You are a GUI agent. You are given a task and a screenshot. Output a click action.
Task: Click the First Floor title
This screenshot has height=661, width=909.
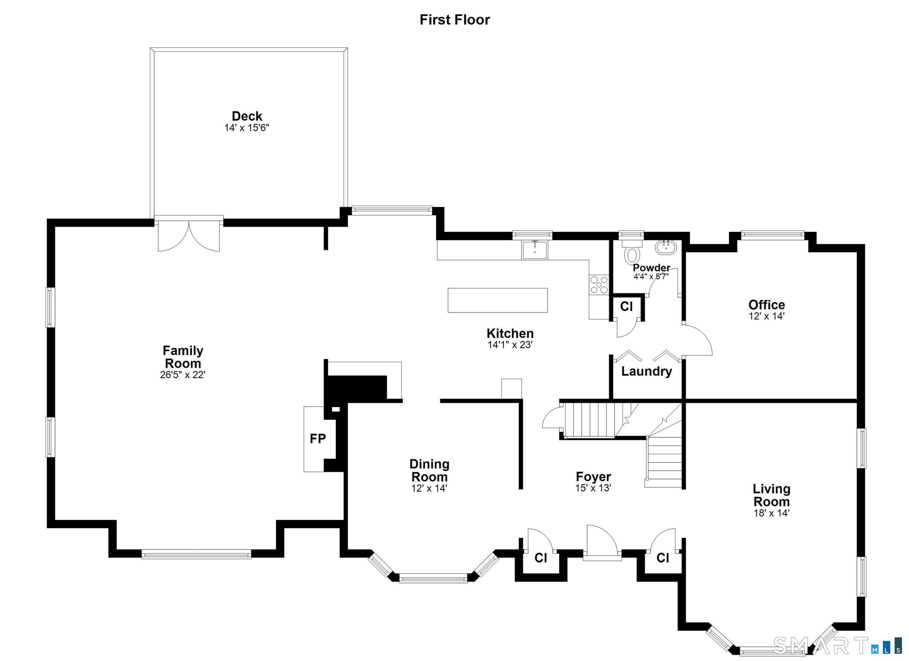454,20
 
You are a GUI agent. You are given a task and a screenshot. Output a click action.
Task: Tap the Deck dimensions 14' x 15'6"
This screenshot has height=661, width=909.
246,128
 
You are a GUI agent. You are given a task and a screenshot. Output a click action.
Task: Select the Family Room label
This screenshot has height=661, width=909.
183,357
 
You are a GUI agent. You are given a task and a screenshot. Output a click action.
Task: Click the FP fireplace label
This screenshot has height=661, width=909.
318,438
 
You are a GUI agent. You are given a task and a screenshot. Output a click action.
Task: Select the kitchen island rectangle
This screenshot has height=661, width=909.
497,300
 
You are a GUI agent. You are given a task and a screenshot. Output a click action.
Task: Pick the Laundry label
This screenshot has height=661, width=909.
647,372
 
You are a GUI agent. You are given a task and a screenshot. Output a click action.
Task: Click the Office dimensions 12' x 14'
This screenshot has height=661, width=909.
767,316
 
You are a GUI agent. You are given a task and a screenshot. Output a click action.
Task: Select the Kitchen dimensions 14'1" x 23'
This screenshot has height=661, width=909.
510,345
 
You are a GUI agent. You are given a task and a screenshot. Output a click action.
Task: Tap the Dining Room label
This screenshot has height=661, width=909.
429,470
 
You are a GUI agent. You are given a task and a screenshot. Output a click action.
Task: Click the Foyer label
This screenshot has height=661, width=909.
593,477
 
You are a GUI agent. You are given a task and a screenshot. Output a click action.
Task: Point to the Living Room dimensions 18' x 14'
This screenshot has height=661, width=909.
771,513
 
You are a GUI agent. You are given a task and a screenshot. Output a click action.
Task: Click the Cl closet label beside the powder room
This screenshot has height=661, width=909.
626,307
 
